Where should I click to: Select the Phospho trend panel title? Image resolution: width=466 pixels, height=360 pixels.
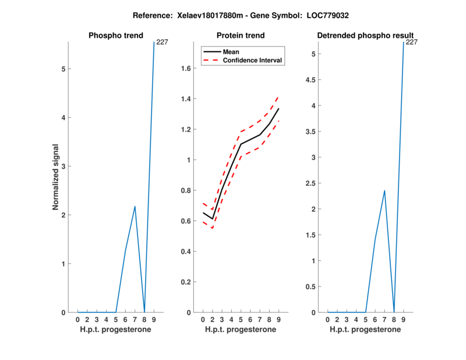tap(115, 36)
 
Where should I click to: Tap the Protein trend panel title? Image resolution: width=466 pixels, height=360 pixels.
tap(240, 36)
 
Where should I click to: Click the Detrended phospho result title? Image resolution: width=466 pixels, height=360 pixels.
tap(365, 36)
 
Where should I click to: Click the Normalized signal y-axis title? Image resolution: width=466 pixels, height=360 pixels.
tap(56, 177)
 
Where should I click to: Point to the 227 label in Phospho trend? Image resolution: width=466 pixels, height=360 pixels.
tap(163, 42)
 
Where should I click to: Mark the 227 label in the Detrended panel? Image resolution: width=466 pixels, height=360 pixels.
tap(412, 42)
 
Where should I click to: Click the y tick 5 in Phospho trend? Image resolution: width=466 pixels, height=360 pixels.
tap(62, 69)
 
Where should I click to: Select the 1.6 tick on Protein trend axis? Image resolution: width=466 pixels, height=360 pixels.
tap(187, 68)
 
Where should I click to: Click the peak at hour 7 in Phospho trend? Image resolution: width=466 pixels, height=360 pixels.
tap(135, 206)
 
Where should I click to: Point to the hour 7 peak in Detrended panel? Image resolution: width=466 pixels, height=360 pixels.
tap(384, 190)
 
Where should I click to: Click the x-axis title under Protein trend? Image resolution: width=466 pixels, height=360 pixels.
tap(240, 329)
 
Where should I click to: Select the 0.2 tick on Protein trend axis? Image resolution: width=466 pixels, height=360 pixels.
tap(187, 282)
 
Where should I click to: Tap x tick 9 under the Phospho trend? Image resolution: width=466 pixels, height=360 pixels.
tap(154, 319)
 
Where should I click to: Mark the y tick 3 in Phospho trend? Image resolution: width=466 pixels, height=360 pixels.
tap(62, 166)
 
